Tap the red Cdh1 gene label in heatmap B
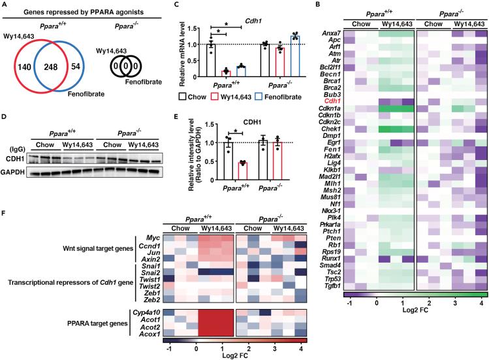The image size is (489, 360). pos(353,101)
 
